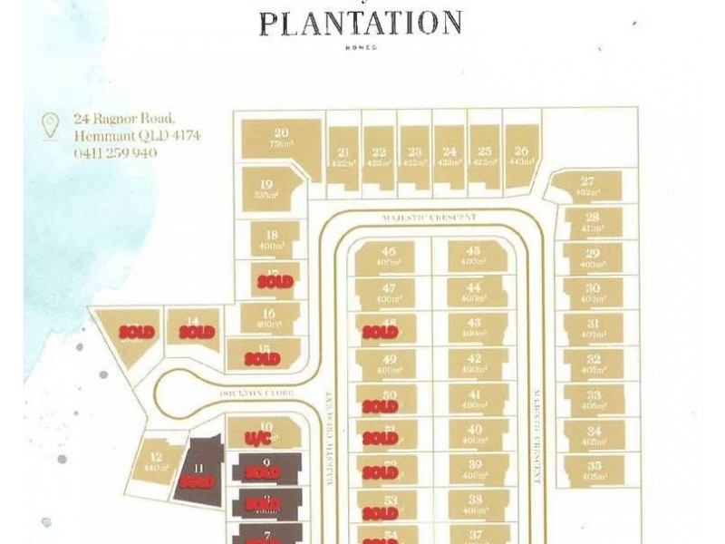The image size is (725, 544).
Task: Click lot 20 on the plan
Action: [282, 139]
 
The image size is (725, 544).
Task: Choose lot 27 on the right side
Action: [588, 186]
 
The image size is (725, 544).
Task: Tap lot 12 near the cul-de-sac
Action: [156, 461]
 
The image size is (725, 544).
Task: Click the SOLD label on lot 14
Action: [197, 332]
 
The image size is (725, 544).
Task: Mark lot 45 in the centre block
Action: [472, 257]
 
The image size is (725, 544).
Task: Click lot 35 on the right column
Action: [593, 470]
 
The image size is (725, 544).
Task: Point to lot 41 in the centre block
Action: [472, 399]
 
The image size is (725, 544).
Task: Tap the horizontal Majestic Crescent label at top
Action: [430, 218]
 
